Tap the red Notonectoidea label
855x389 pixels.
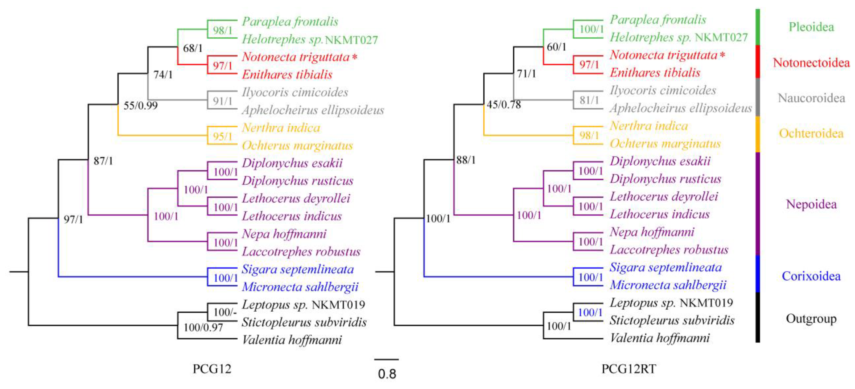point(811,63)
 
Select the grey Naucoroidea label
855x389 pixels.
point(811,98)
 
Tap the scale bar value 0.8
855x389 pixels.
point(387,374)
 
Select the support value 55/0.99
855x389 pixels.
point(140,106)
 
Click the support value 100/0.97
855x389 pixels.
point(203,328)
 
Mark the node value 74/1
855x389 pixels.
point(163,75)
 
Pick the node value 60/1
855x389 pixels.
point(556,47)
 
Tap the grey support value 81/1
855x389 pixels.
point(589,100)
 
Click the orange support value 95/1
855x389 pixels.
point(222,136)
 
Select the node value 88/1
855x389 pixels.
point(466,160)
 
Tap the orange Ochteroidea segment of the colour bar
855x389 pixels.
point(758,134)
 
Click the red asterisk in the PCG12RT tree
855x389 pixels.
point(722,55)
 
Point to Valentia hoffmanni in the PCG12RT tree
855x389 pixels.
point(660,338)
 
